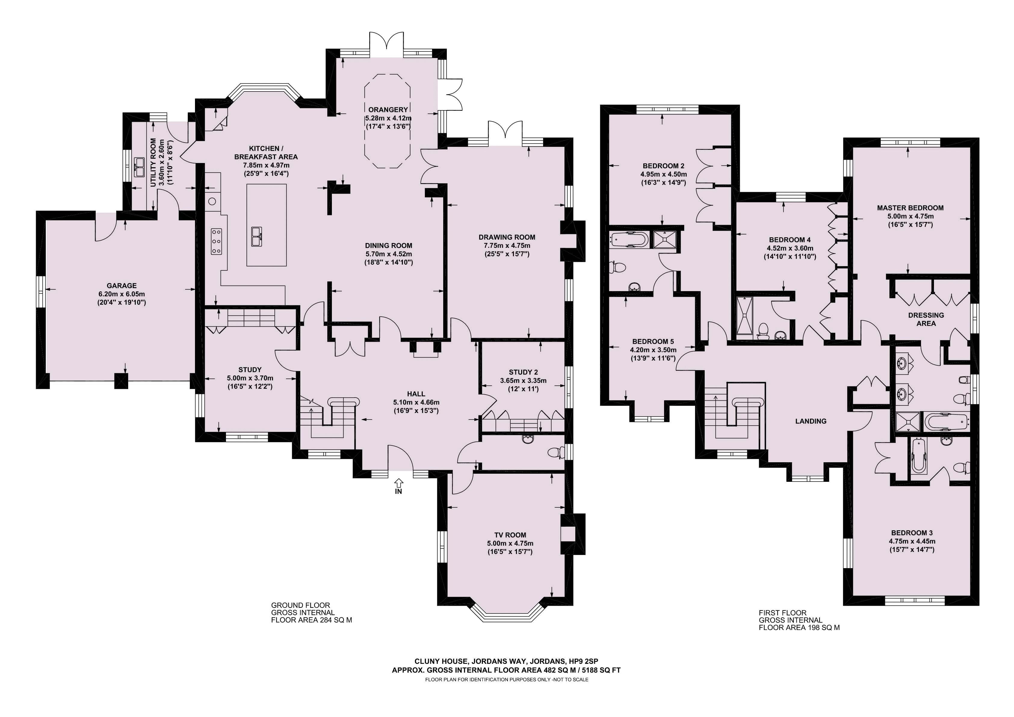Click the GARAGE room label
click(122, 286)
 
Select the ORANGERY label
click(388, 109)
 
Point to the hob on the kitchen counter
click(216, 242)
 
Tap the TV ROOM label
click(510, 535)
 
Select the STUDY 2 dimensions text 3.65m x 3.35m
click(523, 380)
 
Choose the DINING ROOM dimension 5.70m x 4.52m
click(389, 254)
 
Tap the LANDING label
click(811, 421)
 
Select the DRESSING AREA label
click(926, 319)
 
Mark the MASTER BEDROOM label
click(910, 208)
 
